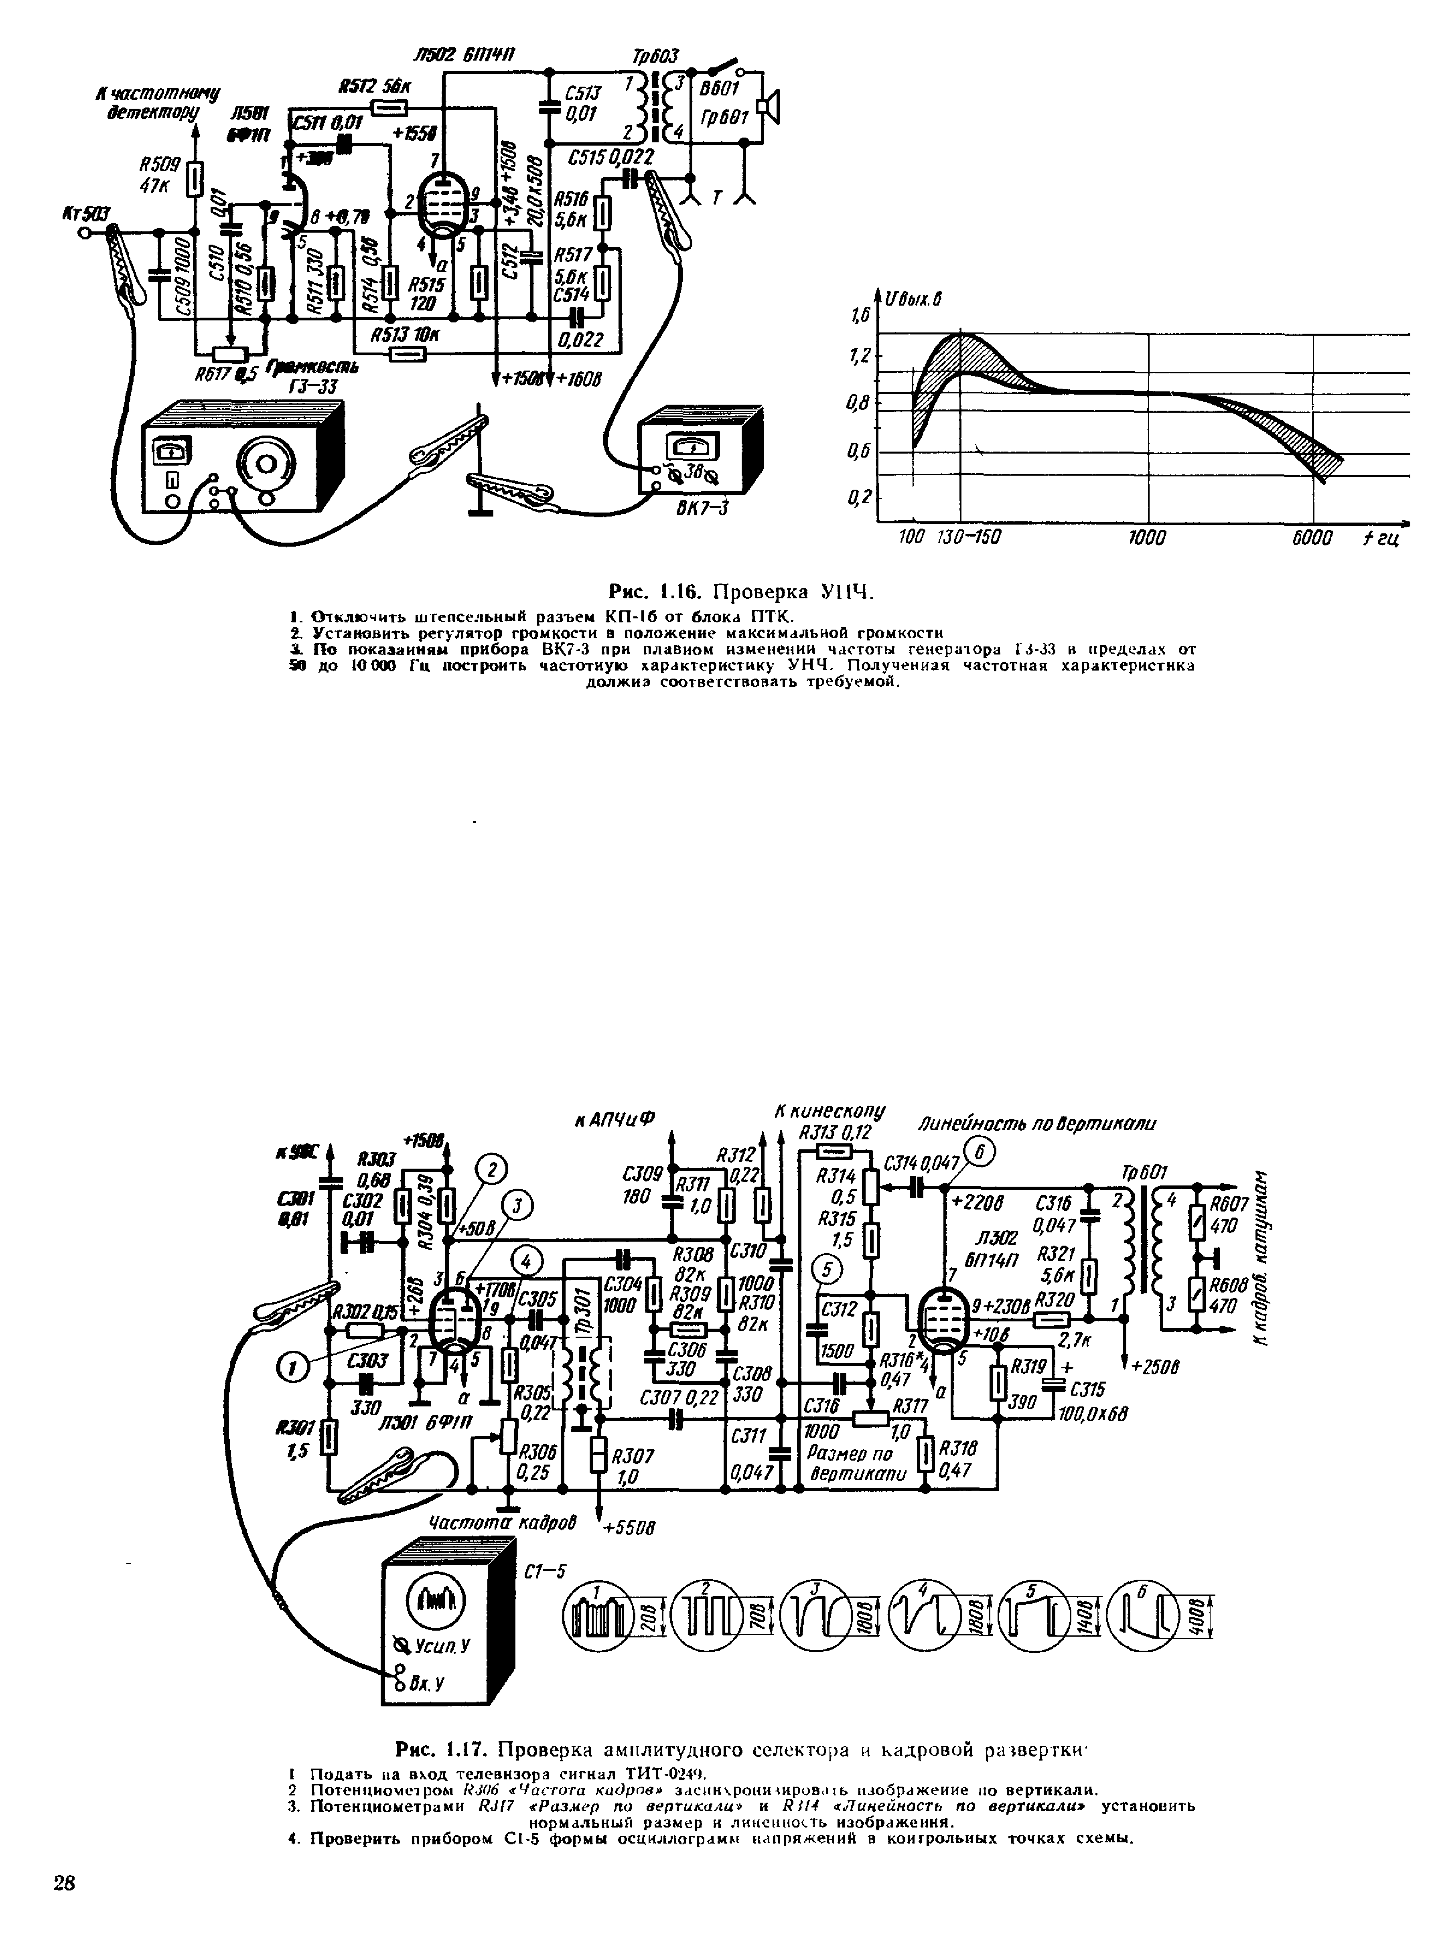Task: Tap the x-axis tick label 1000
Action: (x=1147, y=538)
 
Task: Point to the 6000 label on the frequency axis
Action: (x=1312, y=538)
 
